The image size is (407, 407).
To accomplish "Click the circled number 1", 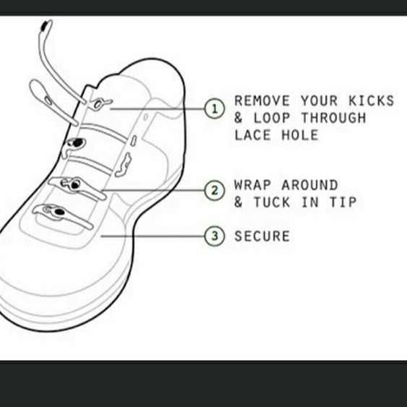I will click(x=214, y=109).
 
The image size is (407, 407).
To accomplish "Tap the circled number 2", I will click(x=214, y=191).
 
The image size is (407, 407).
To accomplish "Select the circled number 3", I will click(x=214, y=236).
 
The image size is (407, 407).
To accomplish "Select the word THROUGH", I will click(x=334, y=118).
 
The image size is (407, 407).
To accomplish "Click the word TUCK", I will click(x=272, y=202).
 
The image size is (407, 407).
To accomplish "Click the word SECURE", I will click(x=262, y=236).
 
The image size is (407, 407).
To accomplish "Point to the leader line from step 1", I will click(x=159, y=108).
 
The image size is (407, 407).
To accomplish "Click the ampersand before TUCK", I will click(x=239, y=202).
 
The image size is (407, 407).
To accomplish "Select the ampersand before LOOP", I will click(x=239, y=118).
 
